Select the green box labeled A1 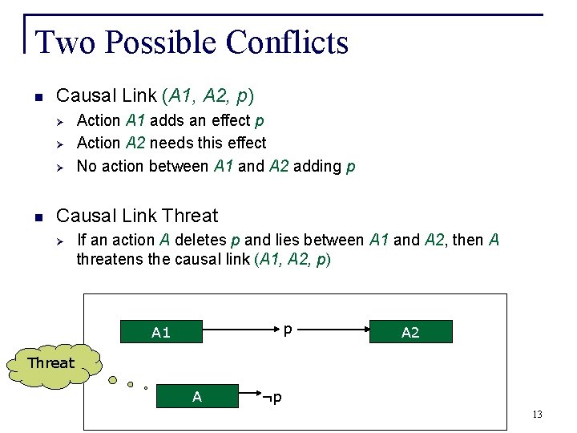pyautogui.click(x=160, y=332)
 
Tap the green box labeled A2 pyautogui.click(x=410, y=332)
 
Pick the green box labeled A pyautogui.click(x=196, y=396)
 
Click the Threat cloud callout pyautogui.click(x=50, y=363)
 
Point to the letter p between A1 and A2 pyautogui.click(x=288, y=329)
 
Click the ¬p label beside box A pyautogui.click(x=272, y=397)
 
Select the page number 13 pyautogui.click(x=536, y=415)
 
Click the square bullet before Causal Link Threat pyautogui.click(x=37, y=216)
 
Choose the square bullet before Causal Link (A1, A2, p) pyautogui.click(x=37, y=97)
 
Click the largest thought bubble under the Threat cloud pyautogui.click(x=115, y=380)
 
